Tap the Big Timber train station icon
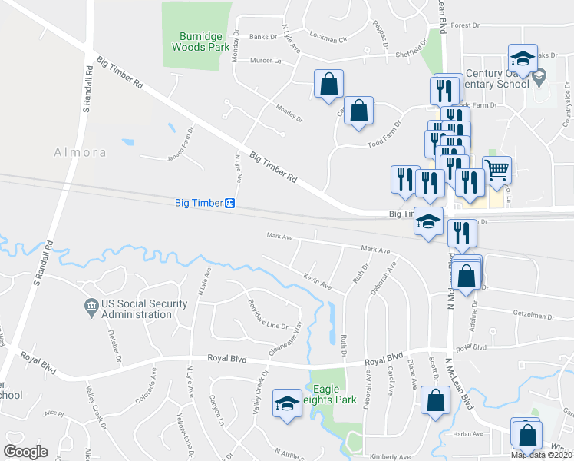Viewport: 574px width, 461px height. click(229, 204)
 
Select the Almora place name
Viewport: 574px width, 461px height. click(80, 152)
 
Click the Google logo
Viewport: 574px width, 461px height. click(25, 452)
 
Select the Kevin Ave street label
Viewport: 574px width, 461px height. click(317, 281)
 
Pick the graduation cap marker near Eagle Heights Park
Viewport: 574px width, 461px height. click(287, 403)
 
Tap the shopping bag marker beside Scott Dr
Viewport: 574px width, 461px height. click(435, 400)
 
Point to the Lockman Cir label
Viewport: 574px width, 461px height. click(328, 36)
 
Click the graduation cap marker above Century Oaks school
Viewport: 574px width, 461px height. click(522, 58)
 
